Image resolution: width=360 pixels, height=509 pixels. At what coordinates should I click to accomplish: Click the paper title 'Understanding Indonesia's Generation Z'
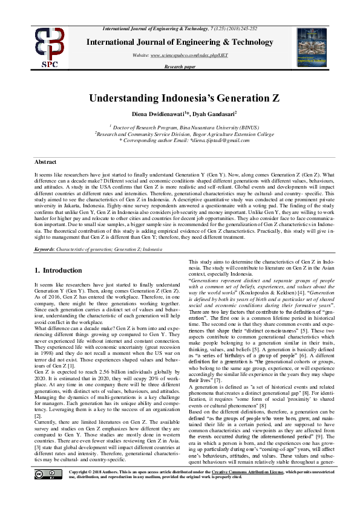click(x=180, y=98)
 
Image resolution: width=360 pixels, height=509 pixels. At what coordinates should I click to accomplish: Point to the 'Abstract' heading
click(x=45, y=162)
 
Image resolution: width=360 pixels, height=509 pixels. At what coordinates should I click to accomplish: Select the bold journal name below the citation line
click(x=180, y=42)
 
